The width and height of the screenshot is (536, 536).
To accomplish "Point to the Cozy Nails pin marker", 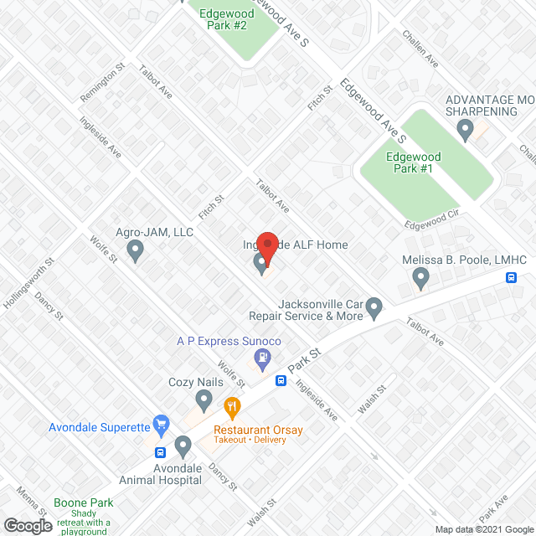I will (203, 399).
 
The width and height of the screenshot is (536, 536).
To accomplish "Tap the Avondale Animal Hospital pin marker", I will (183, 446).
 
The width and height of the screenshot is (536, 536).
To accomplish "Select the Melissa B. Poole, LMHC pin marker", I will (420, 277).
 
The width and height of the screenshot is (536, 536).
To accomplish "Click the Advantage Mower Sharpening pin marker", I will (466, 130).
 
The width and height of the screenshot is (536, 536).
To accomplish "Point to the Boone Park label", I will (84, 503).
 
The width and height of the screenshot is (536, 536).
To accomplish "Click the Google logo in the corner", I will (28, 526).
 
